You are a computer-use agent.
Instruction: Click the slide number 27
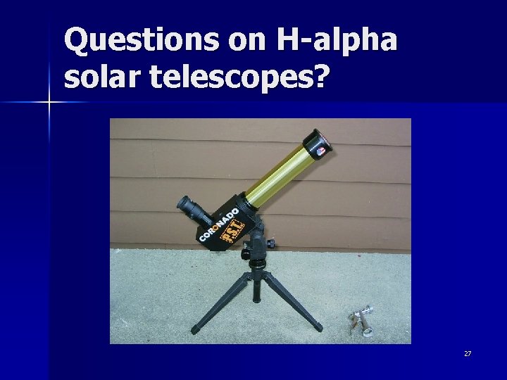click(468, 353)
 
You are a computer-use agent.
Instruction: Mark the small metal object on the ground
click(360, 320)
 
